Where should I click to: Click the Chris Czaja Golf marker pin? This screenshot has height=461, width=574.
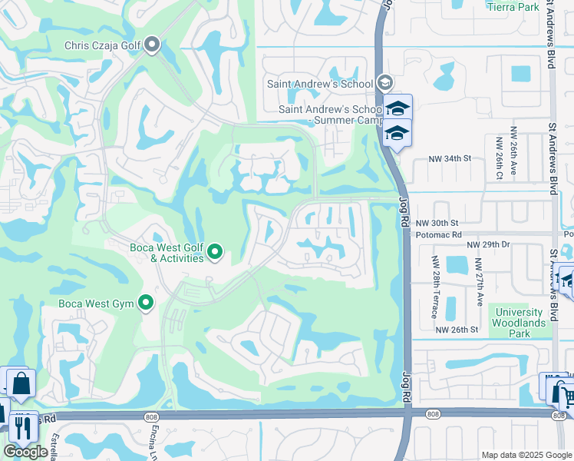(x=152, y=45)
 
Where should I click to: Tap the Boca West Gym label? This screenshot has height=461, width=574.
(x=97, y=304)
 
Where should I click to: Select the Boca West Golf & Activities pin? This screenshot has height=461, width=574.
(x=216, y=251)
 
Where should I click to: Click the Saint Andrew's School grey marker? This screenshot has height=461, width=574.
(x=384, y=84)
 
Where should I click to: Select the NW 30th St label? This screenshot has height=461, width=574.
(x=438, y=222)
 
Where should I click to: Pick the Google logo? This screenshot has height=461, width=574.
(x=26, y=452)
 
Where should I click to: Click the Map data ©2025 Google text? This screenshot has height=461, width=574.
(x=526, y=455)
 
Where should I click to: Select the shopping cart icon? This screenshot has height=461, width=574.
(x=566, y=397)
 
